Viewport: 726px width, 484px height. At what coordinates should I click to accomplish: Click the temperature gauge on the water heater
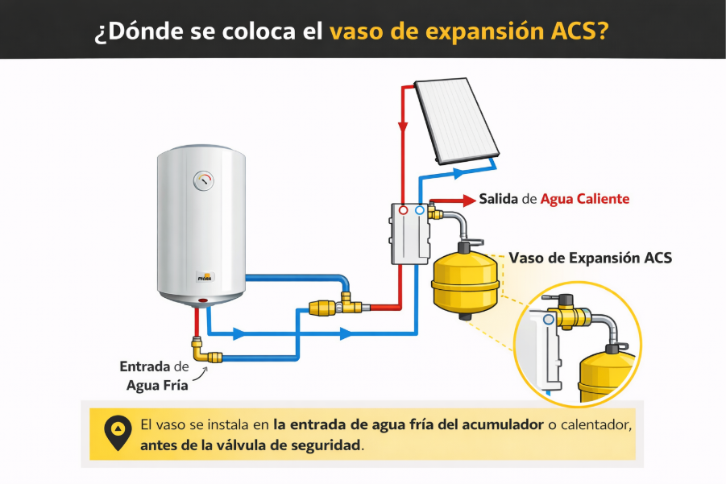pyautogui.click(x=203, y=180)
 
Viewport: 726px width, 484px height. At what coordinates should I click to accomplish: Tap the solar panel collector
pyautogui.click(x=457, y=121)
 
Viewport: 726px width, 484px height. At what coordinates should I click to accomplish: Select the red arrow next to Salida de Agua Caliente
pyautogui.click(x=453, y=200)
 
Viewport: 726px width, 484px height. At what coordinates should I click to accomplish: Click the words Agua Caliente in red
pyautogui.click(x=585, y=199)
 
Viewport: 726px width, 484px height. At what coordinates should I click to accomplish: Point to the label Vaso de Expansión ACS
pyautogui.click(x=591, y=258)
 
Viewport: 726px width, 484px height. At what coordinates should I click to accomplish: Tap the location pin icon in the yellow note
pyautogui.click(x=118, y=433)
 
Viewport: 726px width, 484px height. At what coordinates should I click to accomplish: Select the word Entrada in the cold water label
pyautogui.click(x=145, y=366)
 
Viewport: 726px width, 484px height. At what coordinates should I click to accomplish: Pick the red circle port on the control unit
pyautogui.click(x=403, y=210)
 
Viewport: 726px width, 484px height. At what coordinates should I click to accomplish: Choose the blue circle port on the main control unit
pyautogui.click(x=420, y=210)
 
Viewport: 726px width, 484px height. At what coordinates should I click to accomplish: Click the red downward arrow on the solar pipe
pyautogui.click(x=403, y=127)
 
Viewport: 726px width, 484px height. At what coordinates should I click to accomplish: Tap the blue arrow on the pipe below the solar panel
pyautogui.click(x=458, y=173)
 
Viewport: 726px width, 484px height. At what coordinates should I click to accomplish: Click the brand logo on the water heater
pyautogui.click(x=205, y=278)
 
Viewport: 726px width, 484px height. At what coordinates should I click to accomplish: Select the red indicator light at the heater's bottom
pyautogui.click(x=203, y=300)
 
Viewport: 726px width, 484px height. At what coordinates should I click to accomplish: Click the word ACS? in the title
pyautogui.click(x=579, y=31)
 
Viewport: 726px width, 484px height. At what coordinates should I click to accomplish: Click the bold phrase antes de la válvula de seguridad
pyautogui.click(x=251, y=445)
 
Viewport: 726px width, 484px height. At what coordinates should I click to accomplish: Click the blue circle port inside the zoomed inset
pyautogui.click(x=549, y=319)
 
